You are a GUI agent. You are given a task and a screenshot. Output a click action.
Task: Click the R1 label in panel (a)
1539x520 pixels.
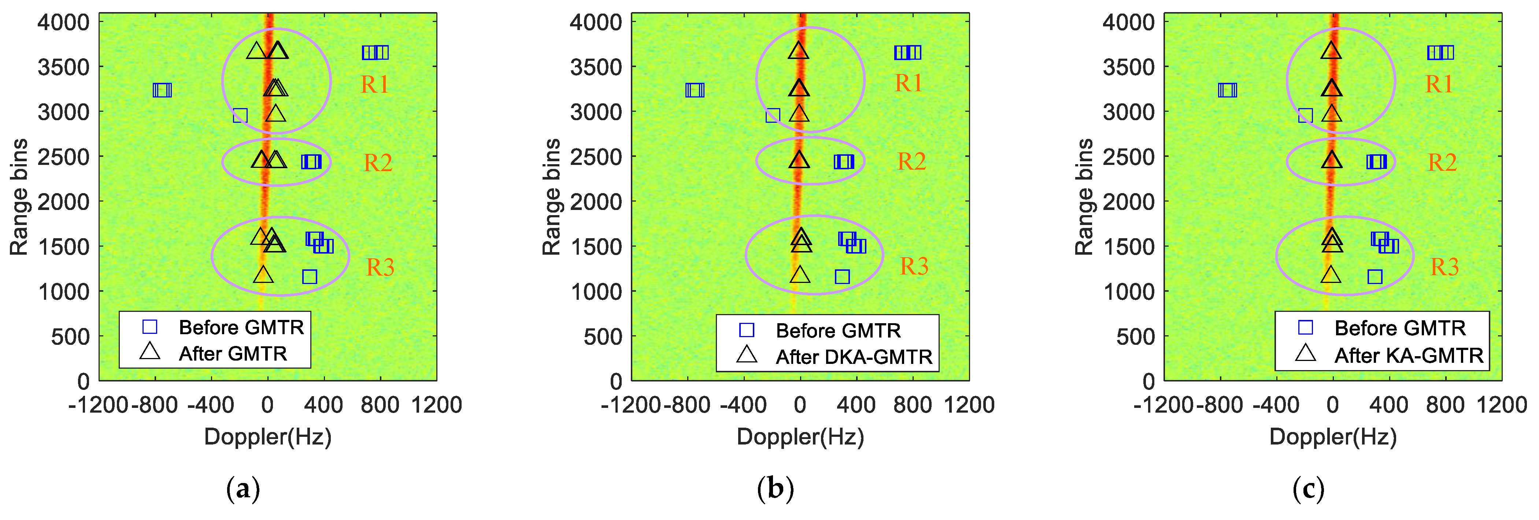[x=375, y=85]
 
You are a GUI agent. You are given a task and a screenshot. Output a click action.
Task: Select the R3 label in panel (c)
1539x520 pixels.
[x=1444, y=266]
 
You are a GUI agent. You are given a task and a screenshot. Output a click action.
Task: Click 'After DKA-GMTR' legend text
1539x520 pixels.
[x=854, y=357]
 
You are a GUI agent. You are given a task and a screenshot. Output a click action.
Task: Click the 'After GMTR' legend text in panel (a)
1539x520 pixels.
[x=233, y=354]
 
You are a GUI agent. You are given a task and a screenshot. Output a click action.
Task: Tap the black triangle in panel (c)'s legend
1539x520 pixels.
[x=1305, y=353]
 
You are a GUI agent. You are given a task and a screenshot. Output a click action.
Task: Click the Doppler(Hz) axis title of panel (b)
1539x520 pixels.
[x=800, y=437]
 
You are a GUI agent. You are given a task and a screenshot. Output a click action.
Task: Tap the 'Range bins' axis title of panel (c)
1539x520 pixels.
[x=1084, y=197]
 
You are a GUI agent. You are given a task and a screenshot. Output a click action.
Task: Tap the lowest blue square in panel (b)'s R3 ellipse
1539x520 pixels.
[x=842, y=277]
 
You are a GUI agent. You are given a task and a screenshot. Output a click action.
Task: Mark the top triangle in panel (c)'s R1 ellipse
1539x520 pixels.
[x=1331, y=51]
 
